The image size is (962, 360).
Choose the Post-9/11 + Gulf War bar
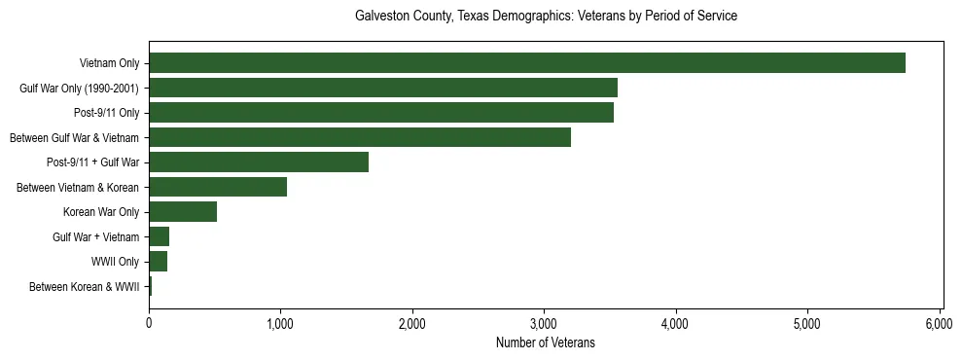tap(258, 162)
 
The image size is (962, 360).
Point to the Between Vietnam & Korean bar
tap(217, 187)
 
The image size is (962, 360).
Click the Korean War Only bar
tap(182, 212)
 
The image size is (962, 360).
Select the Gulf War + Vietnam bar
tap(159, 236)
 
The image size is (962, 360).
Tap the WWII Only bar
tap(158, 262)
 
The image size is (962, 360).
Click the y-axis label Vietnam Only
tap(109, 64)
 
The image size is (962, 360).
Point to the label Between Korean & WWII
tap(84, 287)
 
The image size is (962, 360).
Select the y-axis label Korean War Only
tap(101, 212)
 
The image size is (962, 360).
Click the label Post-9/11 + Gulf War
tap(92, 162)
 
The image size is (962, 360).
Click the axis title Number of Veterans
tap(545, 343)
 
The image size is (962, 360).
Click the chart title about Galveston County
tap(545, 17)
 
